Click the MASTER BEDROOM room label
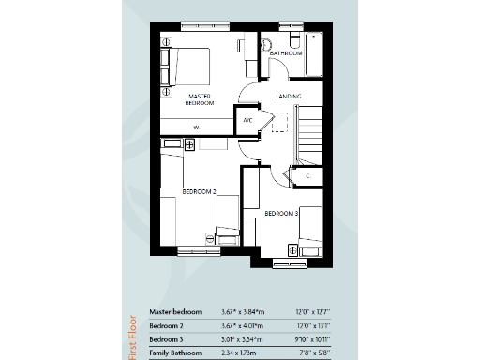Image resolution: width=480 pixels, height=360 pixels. coord(199,98)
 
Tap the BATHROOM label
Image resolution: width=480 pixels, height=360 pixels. coord(286,54)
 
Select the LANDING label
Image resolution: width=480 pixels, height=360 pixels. coord(289,96)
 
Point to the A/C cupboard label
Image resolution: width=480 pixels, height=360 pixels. coord(248,120)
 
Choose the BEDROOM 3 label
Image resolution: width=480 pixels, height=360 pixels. coord(281,214)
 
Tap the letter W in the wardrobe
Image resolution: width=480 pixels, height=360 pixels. coord(197,127)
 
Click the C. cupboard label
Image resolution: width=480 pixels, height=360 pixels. coord(307,174)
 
